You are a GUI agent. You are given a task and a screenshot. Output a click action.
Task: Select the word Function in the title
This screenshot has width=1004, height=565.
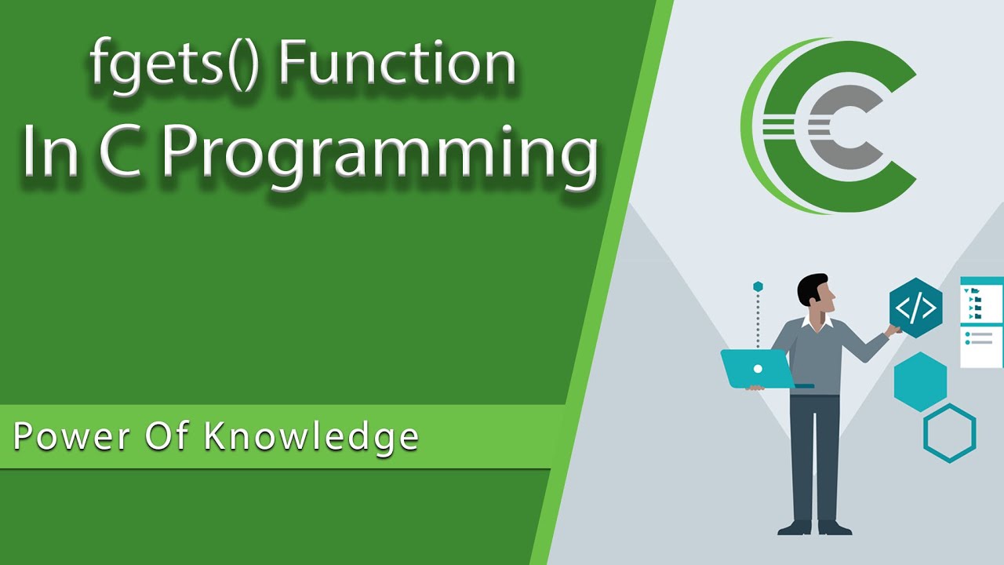[396, 64]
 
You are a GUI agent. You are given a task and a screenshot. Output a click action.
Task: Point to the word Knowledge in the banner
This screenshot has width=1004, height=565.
[311, 437]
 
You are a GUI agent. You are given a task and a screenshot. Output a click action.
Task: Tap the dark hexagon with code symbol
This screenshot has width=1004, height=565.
[915, 308]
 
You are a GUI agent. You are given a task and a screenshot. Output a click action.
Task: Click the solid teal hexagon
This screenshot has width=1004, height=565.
[920, 381]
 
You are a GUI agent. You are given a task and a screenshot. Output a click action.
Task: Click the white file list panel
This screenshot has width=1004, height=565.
[981, 322]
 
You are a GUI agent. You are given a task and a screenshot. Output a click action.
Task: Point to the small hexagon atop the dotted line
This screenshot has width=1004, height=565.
[758, 287]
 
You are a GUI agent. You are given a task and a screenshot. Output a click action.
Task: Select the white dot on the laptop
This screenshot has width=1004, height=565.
[758, 368]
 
